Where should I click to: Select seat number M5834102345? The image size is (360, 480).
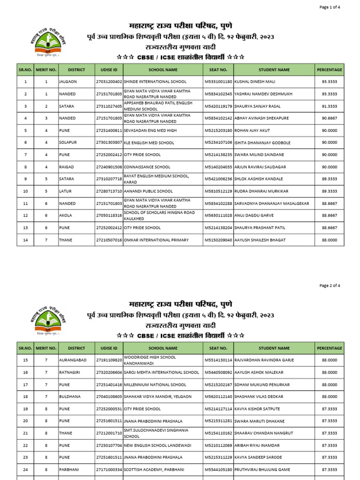[218, 94]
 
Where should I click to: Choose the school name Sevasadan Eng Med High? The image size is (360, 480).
[150, 130]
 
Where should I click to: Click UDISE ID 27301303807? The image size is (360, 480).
[109, 142]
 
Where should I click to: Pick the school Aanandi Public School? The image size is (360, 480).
[148, 191]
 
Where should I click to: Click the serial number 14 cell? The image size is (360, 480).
[25, 240]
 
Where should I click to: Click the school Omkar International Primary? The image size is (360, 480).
[156, 240]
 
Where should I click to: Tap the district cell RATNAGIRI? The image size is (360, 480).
[70, 372]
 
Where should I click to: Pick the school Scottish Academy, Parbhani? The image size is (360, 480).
[154, 470]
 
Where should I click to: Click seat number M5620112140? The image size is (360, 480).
[218, 397]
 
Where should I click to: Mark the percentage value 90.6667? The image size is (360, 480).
[329, 118]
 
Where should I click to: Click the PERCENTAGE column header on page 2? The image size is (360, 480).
[329, 348]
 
